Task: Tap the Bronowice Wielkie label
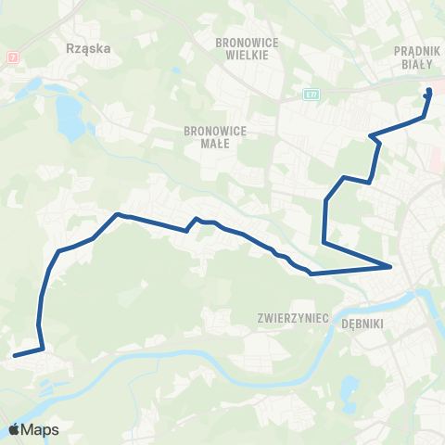(241, 48)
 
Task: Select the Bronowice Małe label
(215, 137)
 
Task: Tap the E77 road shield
(311, 95)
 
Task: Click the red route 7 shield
(11, 57)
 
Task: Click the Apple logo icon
(15, 429)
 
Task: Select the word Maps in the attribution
(41, 430)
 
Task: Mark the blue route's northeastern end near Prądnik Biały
(428, 91)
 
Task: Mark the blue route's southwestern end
(15, 354)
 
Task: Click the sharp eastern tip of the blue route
(391, 267)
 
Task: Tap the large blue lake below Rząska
(68, 115)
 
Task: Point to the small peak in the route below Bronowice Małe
(196, 219)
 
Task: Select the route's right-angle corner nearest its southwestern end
(43, 348)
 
